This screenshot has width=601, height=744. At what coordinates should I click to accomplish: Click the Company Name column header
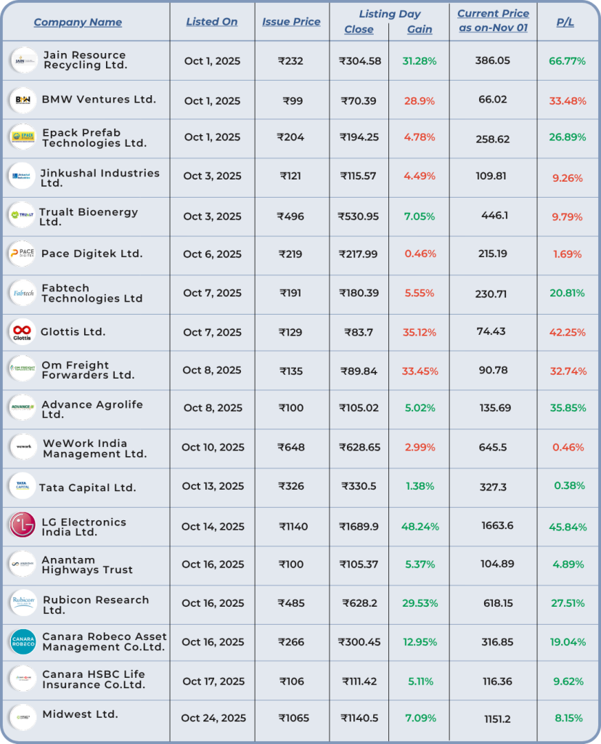tap(78, 22)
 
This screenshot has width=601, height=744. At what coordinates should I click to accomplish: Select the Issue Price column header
tap(291, 22)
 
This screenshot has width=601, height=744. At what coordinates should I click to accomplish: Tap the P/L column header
tap(565, 22)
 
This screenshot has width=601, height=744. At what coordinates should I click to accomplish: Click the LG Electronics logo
tap(22, 525)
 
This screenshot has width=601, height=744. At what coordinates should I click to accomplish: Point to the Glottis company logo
tap(22, 332)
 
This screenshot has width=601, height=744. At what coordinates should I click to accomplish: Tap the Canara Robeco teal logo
tap(23, 642)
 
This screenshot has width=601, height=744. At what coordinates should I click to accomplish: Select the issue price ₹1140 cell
tap(291, 526)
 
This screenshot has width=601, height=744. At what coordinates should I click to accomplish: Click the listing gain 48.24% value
tap(419, 526)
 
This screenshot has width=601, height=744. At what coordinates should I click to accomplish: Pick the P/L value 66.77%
tap(567, 61)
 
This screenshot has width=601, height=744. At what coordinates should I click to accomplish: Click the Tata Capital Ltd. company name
tap(87, 488)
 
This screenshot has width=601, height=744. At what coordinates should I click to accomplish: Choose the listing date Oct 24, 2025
tap(213, 718)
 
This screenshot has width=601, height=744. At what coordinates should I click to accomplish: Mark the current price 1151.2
tap(497, 719)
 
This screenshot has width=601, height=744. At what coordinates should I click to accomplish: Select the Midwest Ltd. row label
tap(80, 714)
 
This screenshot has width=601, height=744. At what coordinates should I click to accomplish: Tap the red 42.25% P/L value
tap(567, 332)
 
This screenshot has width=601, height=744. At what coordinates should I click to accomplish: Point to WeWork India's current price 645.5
tap(493, 448)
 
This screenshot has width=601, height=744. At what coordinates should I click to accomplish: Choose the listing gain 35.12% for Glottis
tap(419, 332)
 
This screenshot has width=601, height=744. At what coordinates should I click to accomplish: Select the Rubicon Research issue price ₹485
tap(290, 603)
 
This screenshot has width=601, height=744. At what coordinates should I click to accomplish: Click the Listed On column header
tap(212, 22)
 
